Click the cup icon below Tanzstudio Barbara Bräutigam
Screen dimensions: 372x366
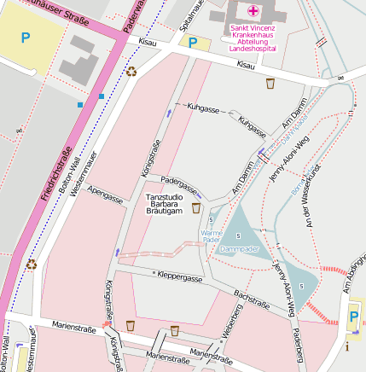tap(195, 208)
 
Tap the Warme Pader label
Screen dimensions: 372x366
tap(211, 236)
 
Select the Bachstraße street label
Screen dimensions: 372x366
tap(252, 299)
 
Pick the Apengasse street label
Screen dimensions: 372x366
tap(105, 194)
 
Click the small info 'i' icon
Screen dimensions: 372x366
tap(347, 347)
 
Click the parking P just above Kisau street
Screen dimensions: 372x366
tap(194, 42)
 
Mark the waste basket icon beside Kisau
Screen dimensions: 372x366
tap(270, 84)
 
